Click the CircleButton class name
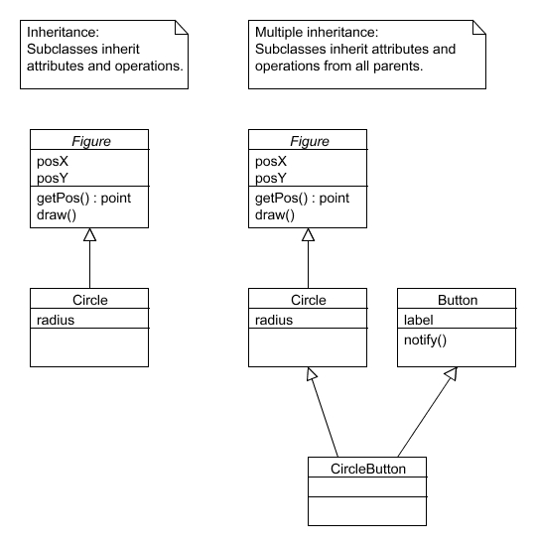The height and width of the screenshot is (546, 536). click(x=368, y=469)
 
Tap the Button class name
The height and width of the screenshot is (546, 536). click(x=458, y=300)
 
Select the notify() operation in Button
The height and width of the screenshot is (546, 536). click(x=425, y=341)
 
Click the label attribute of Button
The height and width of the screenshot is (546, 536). click(x=418, y=320)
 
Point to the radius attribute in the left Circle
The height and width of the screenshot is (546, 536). click(x=56, y=320)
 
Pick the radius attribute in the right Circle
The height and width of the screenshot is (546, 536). click(x=274, y=320)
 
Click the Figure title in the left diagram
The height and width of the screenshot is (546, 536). click(x=91, y=141)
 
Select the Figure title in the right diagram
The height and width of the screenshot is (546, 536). click(x=310, y=141)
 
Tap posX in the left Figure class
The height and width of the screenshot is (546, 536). click(x=53, y=161)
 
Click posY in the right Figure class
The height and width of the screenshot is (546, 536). click(x=271, y=179)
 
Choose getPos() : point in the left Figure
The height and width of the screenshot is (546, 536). click(x=83, y=199)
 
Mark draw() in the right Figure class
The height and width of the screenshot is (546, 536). click(x=274, y=215)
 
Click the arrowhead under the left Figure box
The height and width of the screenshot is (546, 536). click(x=89, y=234)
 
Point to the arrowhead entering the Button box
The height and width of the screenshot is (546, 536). click(x=452, y=373)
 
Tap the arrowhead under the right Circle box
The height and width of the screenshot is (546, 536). click(x=311, y=373)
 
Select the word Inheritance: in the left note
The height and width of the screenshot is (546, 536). click(x=64, y=33)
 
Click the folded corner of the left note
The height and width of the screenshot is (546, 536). click(x=182, y=27)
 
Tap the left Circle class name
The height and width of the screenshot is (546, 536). click(x=90, y=300)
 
